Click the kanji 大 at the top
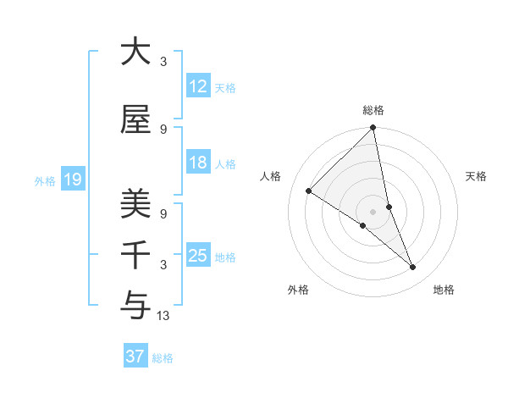pos(135,52)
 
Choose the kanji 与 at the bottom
pos(135,303)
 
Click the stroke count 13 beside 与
pos(164,316)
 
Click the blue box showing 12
pos(197,86)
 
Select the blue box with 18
pos(197,163)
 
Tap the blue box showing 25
pos(197,256)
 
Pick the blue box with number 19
pos(72,180)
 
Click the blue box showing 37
pos(135,357)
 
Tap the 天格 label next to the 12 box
pos(225,87)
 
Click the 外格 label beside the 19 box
pos(45,180)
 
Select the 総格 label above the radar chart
pos(373,110)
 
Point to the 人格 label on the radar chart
pos(271,176)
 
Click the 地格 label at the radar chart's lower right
pos(444,290)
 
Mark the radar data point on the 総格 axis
pos(373,129)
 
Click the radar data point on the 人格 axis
pos(309,191)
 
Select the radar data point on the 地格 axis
pos(413,268)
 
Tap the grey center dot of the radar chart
pos(373,212)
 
